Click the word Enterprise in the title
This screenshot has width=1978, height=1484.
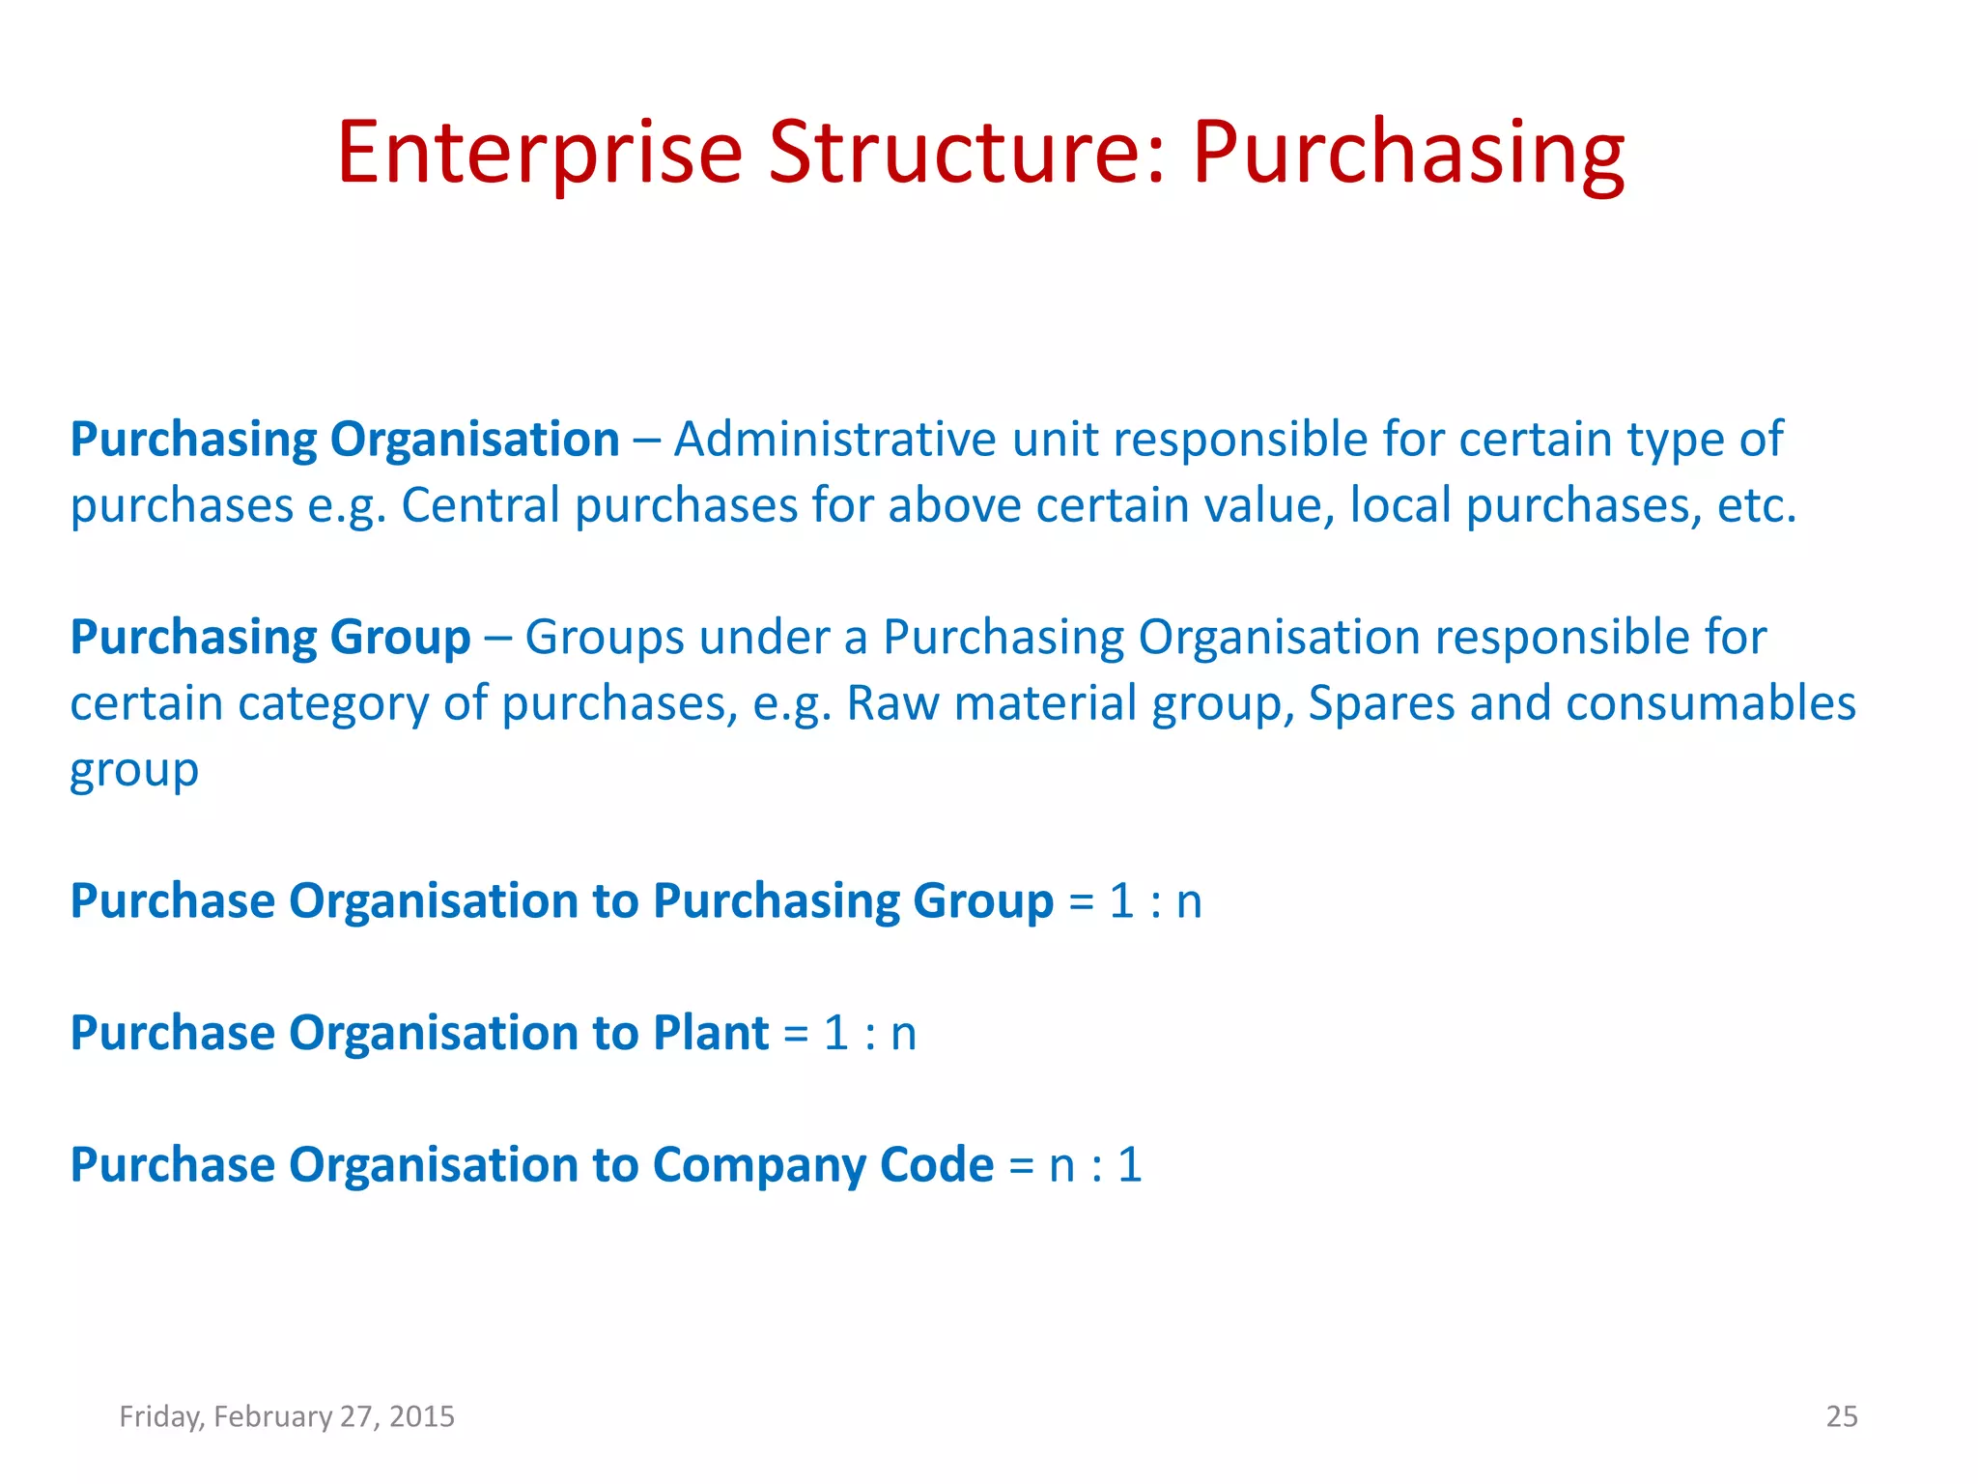coord(539,153)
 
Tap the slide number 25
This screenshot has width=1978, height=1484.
coord(1841,1416)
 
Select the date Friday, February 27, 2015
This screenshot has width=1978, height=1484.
coord(287,1416)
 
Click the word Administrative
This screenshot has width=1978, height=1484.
coord(834,440)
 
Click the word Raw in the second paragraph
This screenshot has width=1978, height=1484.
coord(892,703)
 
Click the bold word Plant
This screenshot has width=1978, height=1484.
coord(711,1033)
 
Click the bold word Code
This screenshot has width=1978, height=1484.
coord(937,1164)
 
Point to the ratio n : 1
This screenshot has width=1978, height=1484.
coord(1095,1165)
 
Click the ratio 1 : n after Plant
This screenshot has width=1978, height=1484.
coord(869,1033)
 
